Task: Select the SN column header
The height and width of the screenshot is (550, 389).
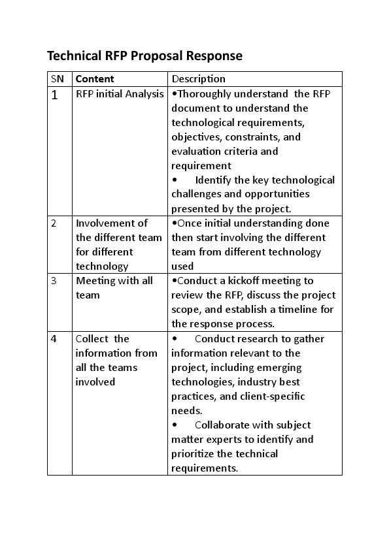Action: (x=58, y=79)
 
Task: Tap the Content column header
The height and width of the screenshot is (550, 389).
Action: (x=95, y=79)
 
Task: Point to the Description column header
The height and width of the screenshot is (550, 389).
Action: (x=198, y=79)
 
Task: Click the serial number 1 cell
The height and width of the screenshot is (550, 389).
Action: (x=55, y=95)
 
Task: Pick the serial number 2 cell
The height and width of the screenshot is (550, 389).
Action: (x=54, y=223)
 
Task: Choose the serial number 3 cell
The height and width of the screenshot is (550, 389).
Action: (x=54, y=281)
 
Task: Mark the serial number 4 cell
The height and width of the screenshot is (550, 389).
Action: (x=54, y=338)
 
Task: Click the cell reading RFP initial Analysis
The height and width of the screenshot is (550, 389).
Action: (x=120, y=94)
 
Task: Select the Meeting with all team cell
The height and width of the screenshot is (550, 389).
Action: (x=114, y=287)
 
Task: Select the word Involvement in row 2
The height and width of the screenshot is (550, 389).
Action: (x=112, y=223)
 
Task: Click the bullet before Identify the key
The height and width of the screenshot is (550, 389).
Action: (x=175, y=180)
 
